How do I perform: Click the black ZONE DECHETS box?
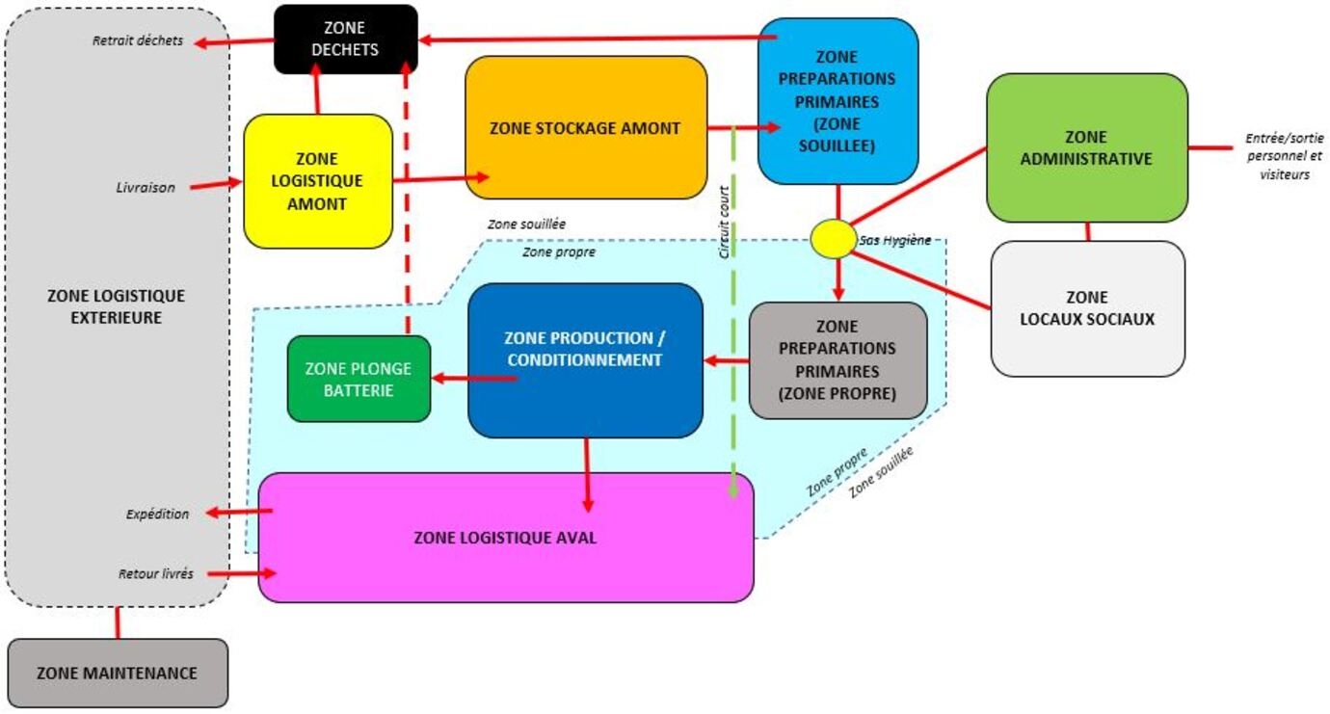pyautogui.click(x=345, y=40)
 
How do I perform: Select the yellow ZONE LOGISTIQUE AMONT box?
pyautogui.click(x=318, y=181)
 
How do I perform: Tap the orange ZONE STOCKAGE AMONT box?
pyautogui.click(x=586, y=128)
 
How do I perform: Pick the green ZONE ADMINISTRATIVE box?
pyautogui.click(x=1087, y=147)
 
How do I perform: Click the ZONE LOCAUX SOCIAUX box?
pyautogui.click(x=1087, y=308)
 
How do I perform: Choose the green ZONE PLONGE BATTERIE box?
pyautogui.click(x=359, y=379)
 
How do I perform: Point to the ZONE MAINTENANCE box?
pyautogui.click(x=118, y=673)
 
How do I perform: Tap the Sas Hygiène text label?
pyautogui.click(x=895, y=240)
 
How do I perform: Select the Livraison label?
pyautogui.click(x=146, y=188)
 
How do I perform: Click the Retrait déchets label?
pyautogui.click(x=138, y=40)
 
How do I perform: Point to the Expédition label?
pyautogui.click(x=157, y=514)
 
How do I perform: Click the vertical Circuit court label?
pyautogui.click(x=724, y=222)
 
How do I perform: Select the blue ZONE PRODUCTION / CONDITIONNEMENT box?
pyautogui.click(x=585, y=359)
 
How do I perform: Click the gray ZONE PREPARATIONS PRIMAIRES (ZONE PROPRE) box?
pyautogui.click(x=838, y=359)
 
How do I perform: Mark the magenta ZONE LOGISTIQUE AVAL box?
pyautogui.click(x=505, y=538)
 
